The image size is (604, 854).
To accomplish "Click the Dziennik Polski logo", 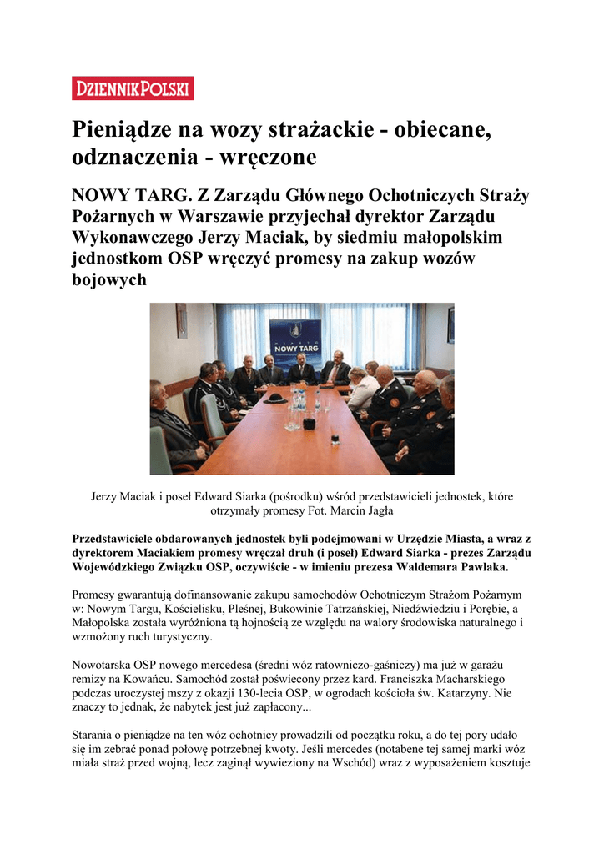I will (x=133, y=88).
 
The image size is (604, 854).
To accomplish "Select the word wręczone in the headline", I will (x=271, y=157).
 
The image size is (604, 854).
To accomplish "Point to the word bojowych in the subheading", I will (x=109, y=279).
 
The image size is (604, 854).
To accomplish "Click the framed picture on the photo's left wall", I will (x=181, y=320).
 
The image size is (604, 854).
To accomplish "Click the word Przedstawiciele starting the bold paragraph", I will (x=123, y=539).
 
